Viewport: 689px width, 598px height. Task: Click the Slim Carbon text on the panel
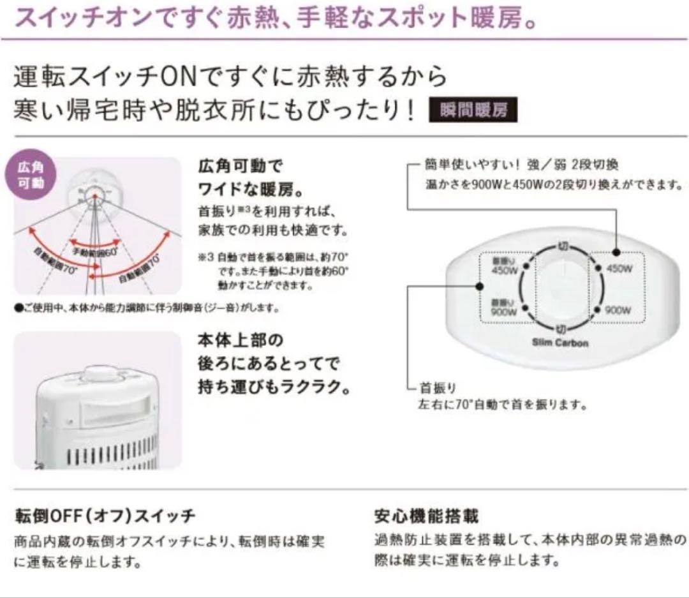pyautogui.click(x=560, y=343)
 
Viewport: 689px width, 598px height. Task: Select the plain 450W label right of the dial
pyautogui.click(x=619, y=269)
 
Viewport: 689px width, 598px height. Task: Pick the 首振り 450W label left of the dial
pyautogui.click(x=503, y=267)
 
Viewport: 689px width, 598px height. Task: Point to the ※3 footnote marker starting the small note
pyautogui.click(x=204, y=258)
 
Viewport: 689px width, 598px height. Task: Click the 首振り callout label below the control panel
pyautogui.click(x=437, y=388)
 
